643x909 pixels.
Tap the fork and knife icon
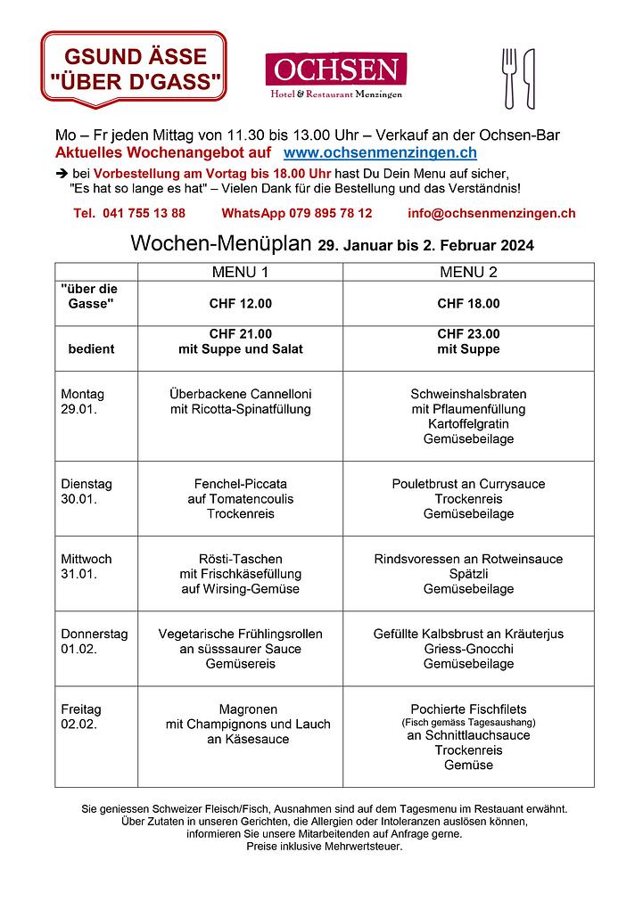pos(518,78)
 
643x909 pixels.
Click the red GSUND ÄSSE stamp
pos(134,70)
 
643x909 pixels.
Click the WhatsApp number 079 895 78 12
pos(297,213)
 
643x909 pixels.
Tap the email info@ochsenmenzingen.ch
pos(490,213)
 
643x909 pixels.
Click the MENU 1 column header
pos(240,272)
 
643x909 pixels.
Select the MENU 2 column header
pos(468,272)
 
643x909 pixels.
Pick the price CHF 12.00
pos(240,304)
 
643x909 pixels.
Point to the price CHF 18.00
pos(468,304)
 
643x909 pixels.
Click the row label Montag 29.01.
pos(82,402)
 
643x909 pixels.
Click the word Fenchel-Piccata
pos(240,484)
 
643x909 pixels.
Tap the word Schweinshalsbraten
pos(468,394)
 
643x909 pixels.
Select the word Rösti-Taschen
pos(240,559)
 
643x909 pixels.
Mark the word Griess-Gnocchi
pos(468,649)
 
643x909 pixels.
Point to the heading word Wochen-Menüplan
pos(221,243)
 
